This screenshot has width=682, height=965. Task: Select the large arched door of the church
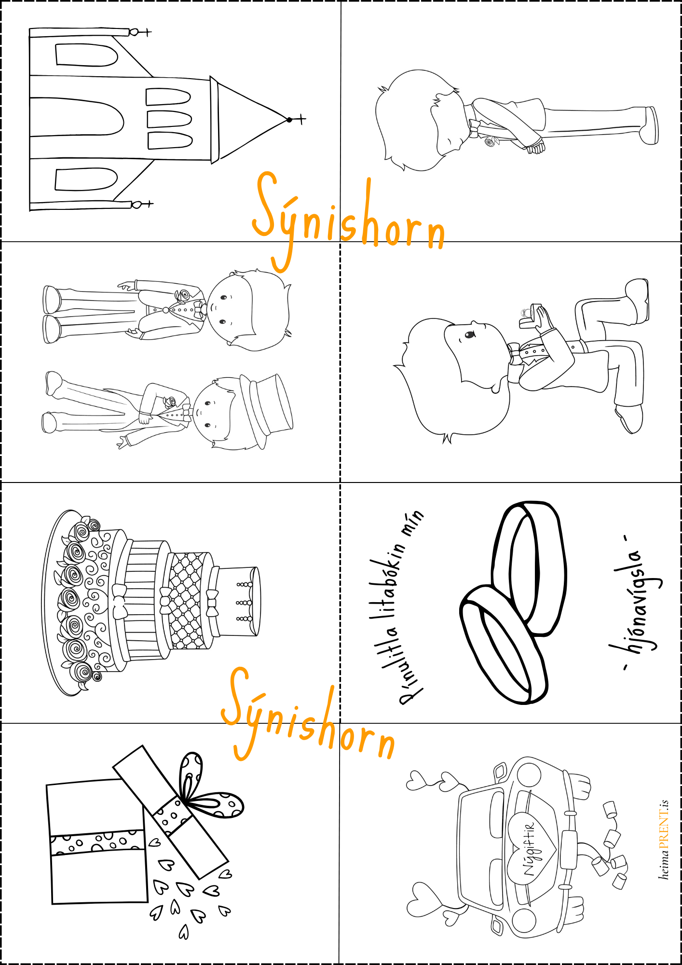77,117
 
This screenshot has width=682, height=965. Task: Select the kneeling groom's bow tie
515,354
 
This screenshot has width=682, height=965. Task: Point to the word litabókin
389,586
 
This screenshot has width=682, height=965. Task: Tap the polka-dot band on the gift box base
97,842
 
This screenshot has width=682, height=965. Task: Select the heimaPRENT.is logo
664,840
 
